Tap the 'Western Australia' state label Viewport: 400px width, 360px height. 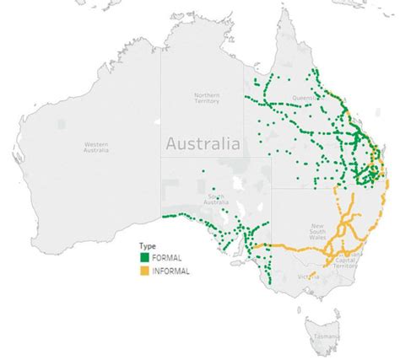[x=95, y=148]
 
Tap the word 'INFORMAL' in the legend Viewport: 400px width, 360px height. [x=170, y=271]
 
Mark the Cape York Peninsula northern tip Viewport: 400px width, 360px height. [x=284, y=12]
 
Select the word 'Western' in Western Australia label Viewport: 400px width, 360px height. [x=95, y=145]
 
